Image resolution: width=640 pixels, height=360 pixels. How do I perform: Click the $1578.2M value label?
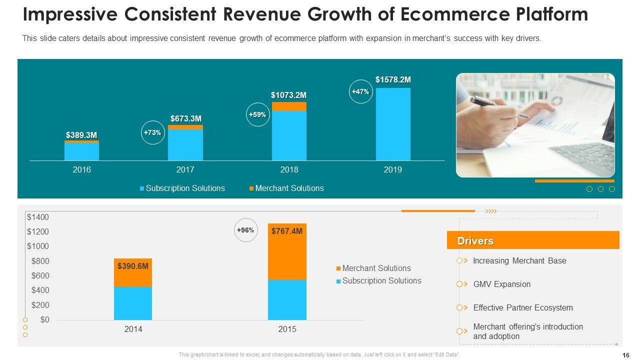tap(393, 79)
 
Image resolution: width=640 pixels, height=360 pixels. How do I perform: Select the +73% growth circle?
tap(152, 132)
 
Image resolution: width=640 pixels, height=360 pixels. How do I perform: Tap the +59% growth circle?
tap(258, 114)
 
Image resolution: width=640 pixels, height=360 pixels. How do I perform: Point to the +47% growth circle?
tap(360, 91)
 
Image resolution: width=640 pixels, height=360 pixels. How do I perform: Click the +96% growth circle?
tap(245, 230)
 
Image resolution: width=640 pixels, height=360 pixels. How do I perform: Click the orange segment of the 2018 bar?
tap(289, 106)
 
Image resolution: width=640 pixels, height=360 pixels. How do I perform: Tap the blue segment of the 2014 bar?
tap(133, 303)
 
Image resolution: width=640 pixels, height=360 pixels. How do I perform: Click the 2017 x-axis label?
tap(185, 169)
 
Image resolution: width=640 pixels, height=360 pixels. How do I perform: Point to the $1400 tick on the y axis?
tap(38, 217)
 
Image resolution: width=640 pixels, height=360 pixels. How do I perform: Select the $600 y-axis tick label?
tap(40, 275)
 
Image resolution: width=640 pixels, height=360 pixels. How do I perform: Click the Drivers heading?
tap(475, 241)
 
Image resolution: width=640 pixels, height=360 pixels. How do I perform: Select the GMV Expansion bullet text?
tap(501, 284)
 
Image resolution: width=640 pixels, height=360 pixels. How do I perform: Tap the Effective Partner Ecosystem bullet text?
tap(523, 307)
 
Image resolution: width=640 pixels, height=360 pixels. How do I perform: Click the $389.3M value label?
tap(81, 135)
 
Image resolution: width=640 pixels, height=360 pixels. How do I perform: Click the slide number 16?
tap(626, 355)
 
